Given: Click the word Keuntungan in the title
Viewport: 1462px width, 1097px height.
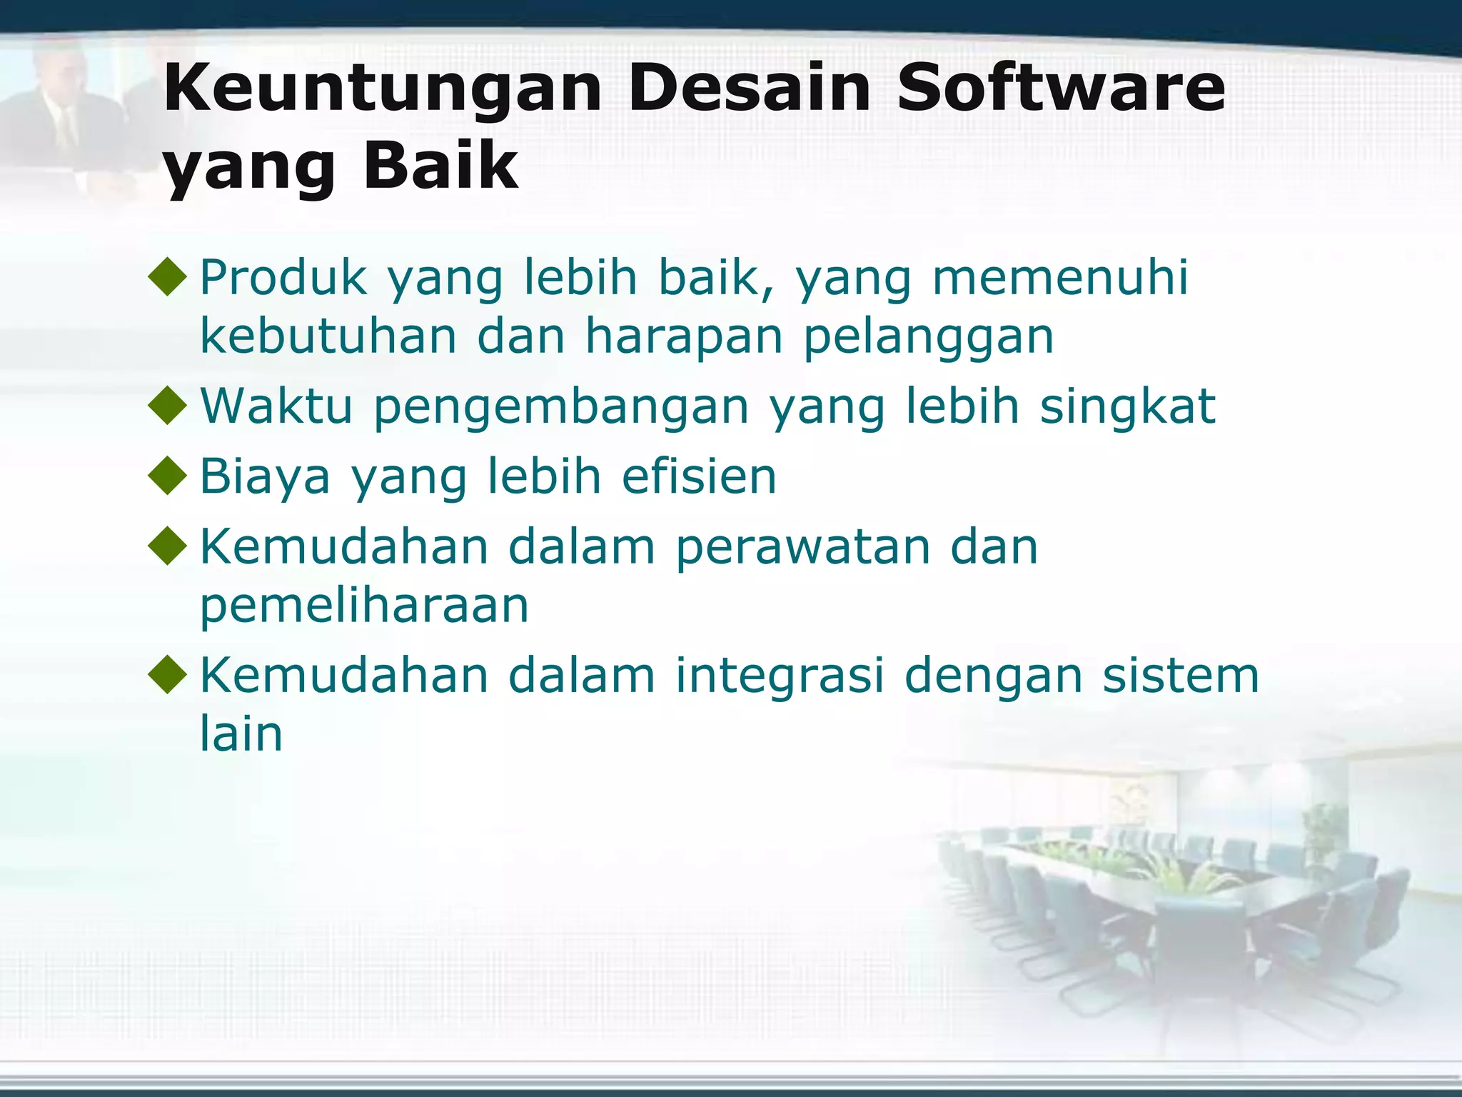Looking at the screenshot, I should pyautogui.click(x=383, y=89).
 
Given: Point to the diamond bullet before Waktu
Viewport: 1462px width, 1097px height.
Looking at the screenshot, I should pyautogui.click(x=168, y=405).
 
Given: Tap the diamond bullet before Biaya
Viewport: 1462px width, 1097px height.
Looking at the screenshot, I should pyautogui.click(x=168, y=476).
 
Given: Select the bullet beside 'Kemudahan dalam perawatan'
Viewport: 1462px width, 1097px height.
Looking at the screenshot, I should pyautogui.click(x=168, y=546).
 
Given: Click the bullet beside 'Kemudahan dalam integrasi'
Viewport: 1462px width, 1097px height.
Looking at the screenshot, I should pyautogui.click(x=168, y=674).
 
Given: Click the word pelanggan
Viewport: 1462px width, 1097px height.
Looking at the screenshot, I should pyautogui.click(x=928, y=337).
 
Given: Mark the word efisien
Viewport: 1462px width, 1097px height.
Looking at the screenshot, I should pyautogui.click(x=699, y=476).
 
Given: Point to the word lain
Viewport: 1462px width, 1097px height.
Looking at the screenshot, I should pyautogui.click(x=241, y=733).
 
